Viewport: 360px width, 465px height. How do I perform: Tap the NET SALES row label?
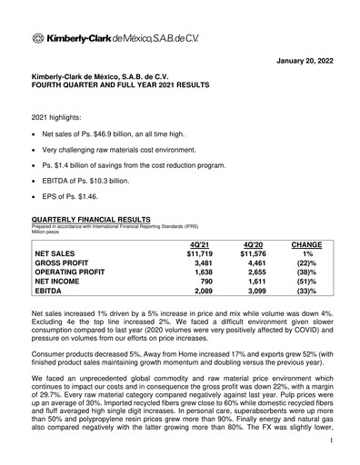point(63,254)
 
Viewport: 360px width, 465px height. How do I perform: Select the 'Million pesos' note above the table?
point(49,232)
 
